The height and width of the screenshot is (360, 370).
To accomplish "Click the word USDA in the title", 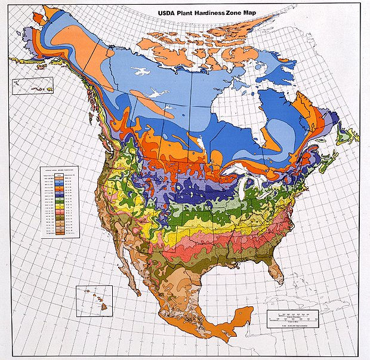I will coord(167,11).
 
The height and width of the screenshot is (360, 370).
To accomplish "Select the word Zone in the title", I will coord(248,11).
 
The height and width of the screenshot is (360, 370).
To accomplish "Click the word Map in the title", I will coord(267,11).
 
